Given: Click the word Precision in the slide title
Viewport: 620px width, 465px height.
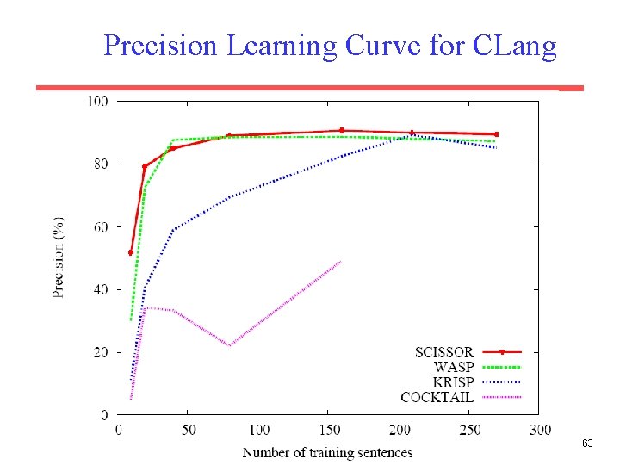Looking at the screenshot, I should pyautogui.click(x=161, y=45).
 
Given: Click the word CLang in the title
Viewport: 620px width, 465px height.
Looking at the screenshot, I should pyautogui.click(x=515, y=45).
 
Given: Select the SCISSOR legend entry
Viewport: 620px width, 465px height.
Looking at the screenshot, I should pyautogui.click(x=443, y=352).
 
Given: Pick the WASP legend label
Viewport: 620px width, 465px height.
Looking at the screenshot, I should pyautogui.click(x=454, y=367).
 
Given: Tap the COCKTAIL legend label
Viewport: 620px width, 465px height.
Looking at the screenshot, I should pyautogui.click(x=437, y=397).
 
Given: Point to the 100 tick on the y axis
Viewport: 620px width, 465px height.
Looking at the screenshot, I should pyautogui.click(x=97, y=102).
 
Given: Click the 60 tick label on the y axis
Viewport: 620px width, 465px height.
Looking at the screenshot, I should pyautogui.click(x=100, y=227).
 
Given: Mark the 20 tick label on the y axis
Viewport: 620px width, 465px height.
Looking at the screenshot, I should pyautogui.click(x=100, y=353).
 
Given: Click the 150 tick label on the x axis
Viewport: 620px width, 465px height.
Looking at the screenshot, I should pyautogui.click(x=329, y=430).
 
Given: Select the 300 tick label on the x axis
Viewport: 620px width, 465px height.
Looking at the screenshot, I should pyautogui.click(x=540, y=430).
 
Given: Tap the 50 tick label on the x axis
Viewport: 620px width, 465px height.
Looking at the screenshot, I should pyautogui.click(x=189, y=430).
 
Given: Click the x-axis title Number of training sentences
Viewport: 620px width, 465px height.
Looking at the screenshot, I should pyautogui.click(x=327, y=452).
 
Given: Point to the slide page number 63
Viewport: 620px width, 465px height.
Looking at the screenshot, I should pyautogui.click(x=587, y=443).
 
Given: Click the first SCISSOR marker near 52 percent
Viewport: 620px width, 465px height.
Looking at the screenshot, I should pyautogui.click(x=131, y=253).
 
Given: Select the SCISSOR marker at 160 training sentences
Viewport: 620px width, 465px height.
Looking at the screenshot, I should pyautogui.click(x=342, y=130).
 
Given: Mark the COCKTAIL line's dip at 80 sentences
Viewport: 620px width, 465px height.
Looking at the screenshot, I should pyautogui.click(x=230, y=345).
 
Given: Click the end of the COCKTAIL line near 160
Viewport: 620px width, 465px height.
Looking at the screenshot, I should pyautogui.click(x=341, y=262).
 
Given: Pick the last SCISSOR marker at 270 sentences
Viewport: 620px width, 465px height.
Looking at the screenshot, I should pyautogui.click(x=496, y=134).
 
